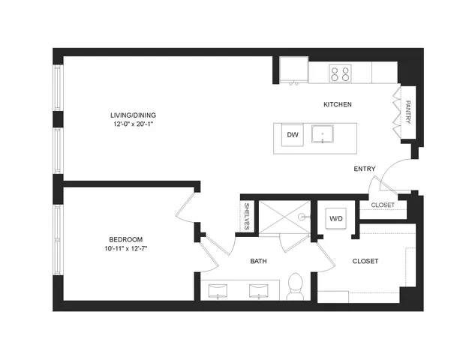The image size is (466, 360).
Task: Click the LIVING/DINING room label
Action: (133, 115)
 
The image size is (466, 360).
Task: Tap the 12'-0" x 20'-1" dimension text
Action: (133, 124)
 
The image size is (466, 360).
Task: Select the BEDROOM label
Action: (126, 239)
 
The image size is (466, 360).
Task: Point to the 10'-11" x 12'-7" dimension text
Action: (126, 248)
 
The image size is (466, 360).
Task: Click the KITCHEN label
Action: (338, 104)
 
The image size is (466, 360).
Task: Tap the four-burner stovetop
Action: (340, 73)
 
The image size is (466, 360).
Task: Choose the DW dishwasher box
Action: (293, 135)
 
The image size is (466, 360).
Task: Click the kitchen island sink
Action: (323, 134)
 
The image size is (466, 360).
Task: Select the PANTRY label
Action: (408, 112)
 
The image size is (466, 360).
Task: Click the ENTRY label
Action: (365, 169)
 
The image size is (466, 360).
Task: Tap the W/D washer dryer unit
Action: (336, 219)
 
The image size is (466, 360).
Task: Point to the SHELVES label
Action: (246, 216)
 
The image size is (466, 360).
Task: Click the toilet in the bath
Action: (295, 286)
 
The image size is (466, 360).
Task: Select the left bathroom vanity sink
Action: (218, 291)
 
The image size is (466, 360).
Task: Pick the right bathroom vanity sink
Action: (259, 291)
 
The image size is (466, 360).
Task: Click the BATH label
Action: (258, 261)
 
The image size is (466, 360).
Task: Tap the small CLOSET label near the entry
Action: (383, 205)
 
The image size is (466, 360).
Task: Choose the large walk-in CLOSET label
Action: (365, 261)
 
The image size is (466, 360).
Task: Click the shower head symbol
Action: (303, 217)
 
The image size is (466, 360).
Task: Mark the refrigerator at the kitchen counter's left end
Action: (293, 70)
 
